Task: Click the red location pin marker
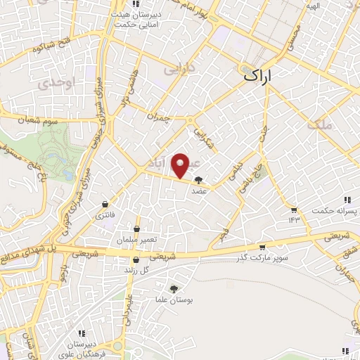click(181, 166)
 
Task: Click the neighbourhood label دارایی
click(176, 71)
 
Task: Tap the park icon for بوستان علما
click(174, 288)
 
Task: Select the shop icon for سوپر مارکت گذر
click(262, 247)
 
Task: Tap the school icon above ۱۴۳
click(293, 210)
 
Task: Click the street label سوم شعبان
click(32, 120)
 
